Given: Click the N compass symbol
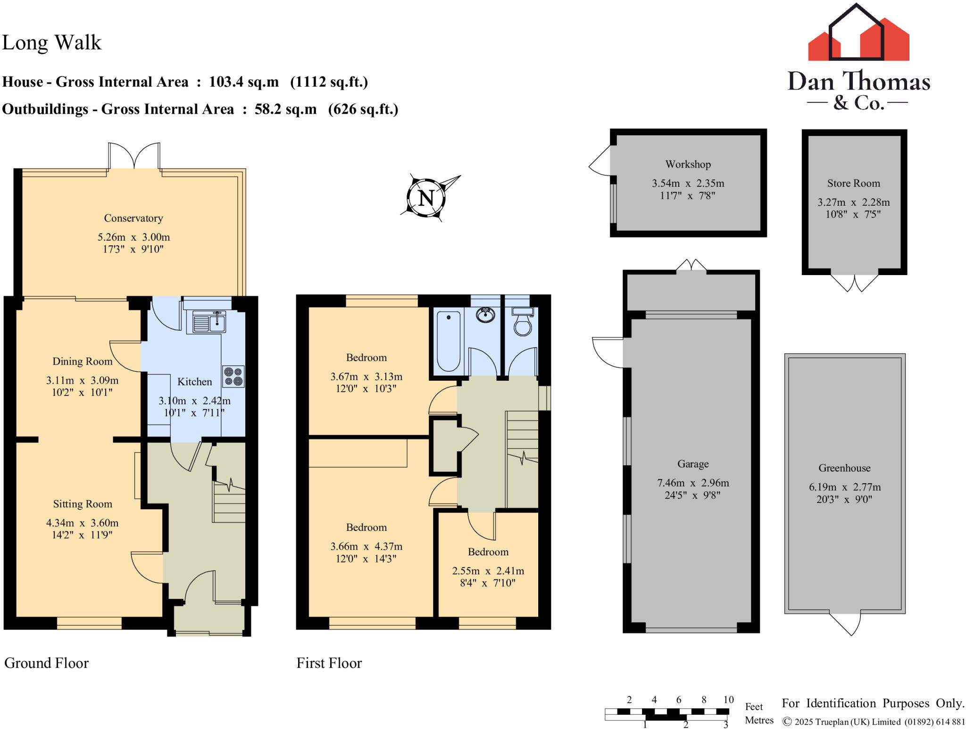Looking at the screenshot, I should point(426,197).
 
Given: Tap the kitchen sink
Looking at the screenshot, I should point(209,323).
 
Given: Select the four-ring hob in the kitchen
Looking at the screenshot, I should point(233,377).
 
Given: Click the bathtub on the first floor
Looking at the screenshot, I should point(448,341).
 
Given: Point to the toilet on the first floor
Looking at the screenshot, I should point(522,322).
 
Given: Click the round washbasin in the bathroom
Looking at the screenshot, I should point(485,314).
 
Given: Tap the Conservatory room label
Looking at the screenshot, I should point(133,218).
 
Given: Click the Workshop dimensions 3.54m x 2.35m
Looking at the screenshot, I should point(688,183).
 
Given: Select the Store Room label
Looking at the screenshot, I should point(853,183).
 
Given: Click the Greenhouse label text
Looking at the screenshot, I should point(844,468).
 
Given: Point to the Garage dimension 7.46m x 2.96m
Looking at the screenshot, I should point(693,483).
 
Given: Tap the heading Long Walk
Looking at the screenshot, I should point(52,42).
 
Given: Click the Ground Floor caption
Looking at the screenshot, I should point(46,663).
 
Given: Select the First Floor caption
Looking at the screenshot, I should point(329,663).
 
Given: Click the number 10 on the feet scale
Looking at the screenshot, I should point(728,700).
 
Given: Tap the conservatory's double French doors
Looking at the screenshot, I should point(134,156).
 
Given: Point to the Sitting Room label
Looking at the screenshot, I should point(83,504).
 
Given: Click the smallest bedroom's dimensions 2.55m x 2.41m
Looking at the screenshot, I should point(488,571).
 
